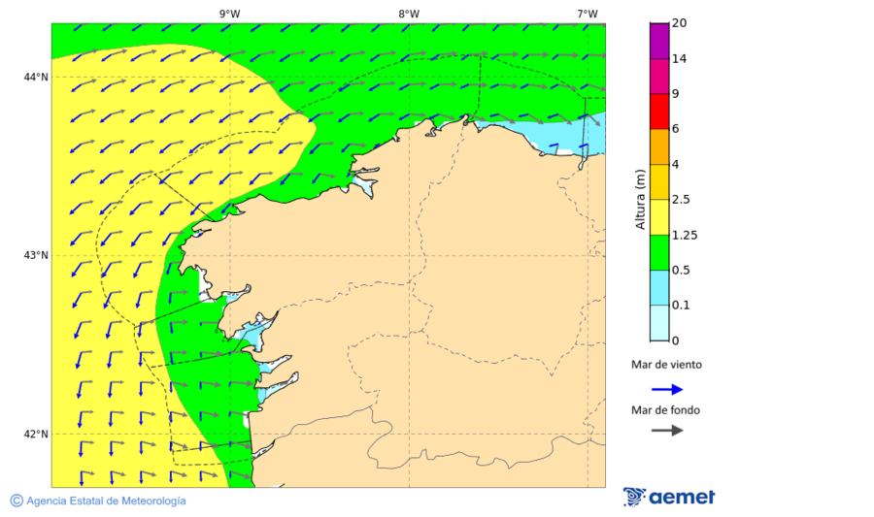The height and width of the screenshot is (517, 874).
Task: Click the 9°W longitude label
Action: pyautogui.click(x=229, y=14)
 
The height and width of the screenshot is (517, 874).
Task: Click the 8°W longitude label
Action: pyautogui.click(x=408, y=14)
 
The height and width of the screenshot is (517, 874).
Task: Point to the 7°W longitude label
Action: pyautogui.click(x=587, y=14)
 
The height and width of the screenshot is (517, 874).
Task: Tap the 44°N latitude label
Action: pyautogui.click(x=36, y=77)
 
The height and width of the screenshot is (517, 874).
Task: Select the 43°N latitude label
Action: pyautogui.click(x=36, y=255)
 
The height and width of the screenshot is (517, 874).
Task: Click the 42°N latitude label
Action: pyautogui.click(x=36, y=434)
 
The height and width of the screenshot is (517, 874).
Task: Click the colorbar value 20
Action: pyautogui.click(x=681, y=23)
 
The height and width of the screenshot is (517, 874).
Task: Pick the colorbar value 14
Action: pyautogui.click(x=681, y=59)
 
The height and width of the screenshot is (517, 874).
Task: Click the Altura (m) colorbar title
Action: pyautogui.click(x=640, y=199)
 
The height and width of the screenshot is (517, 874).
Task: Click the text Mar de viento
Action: pyautogui.click(x=666, y=365)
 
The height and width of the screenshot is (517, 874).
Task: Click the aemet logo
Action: pyautogui.click(x=669, y=497)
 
